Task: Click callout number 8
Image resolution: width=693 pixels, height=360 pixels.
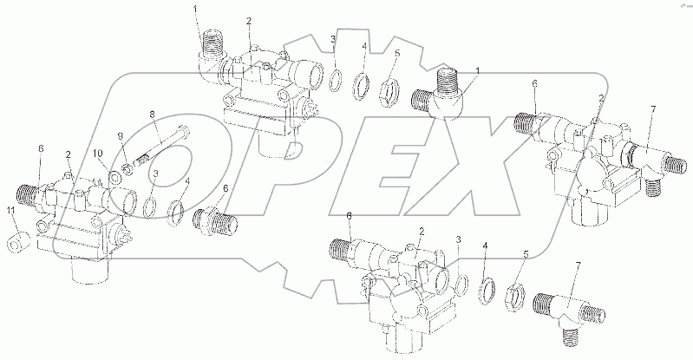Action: point(152,115)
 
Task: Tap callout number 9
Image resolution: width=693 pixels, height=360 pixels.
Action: point(120,136)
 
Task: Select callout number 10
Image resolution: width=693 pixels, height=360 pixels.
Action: point(98,153)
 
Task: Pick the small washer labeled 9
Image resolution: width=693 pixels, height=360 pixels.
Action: point(128,168)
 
